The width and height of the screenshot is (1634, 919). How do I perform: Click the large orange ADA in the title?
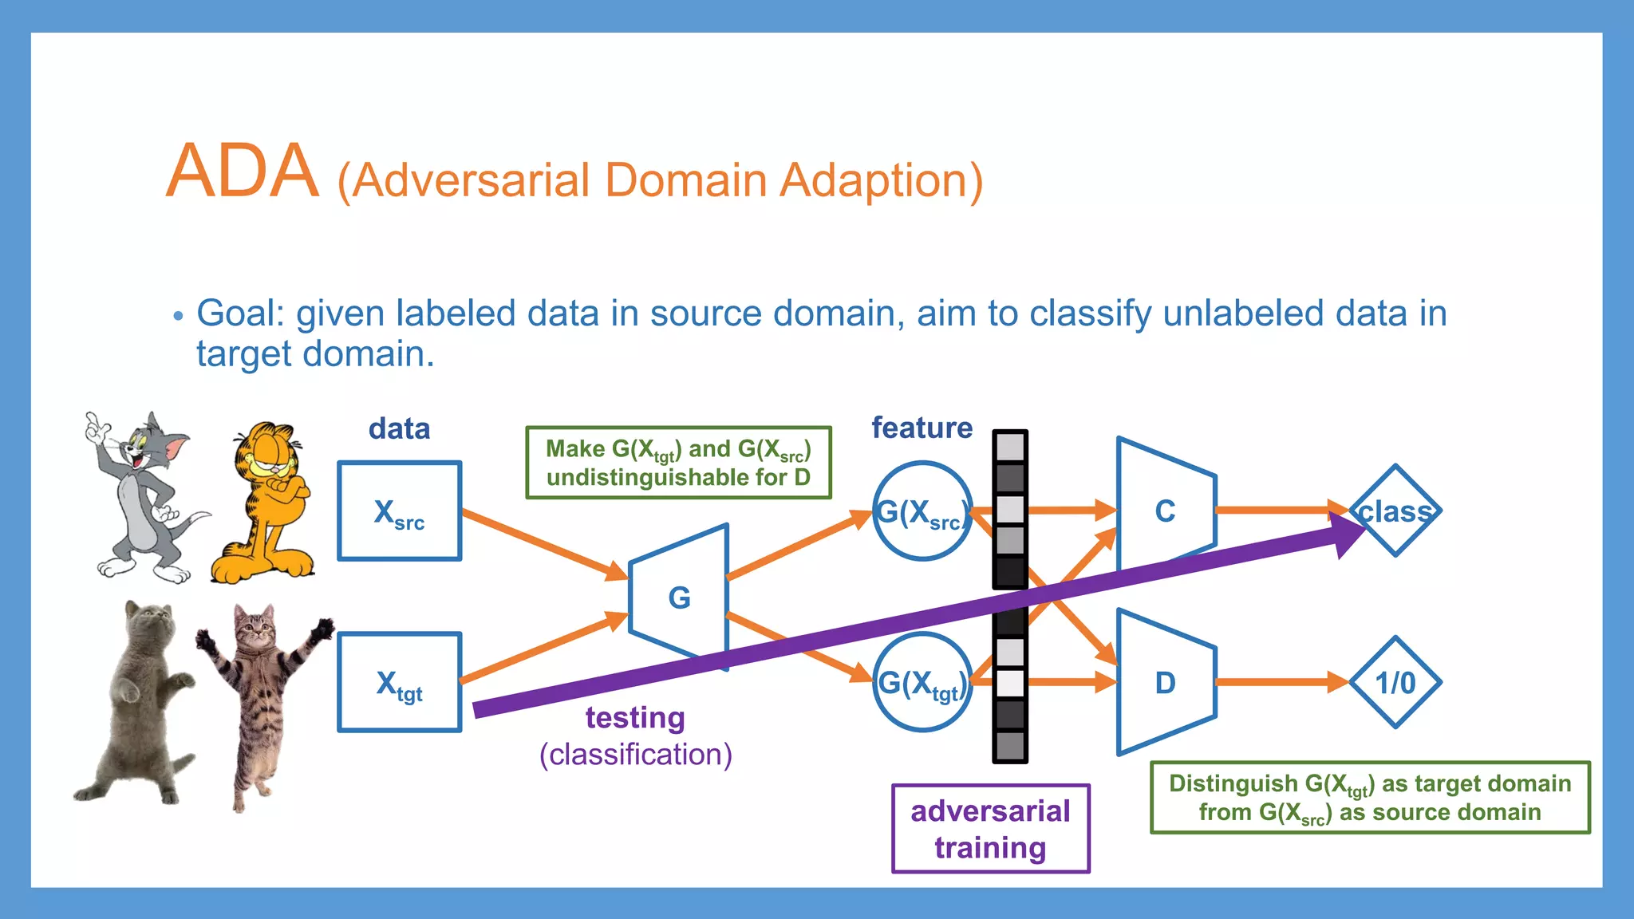pos(242,172)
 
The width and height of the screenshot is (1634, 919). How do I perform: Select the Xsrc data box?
pos(399,511)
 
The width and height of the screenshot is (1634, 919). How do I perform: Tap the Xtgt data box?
pos(399,683)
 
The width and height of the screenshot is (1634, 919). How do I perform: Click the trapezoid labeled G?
pos(679,598)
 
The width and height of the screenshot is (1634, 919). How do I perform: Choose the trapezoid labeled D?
pos(1166,683)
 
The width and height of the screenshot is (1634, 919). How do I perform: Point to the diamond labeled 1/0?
pos(1395,683)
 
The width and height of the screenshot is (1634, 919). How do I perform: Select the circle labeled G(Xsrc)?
pos(922,511)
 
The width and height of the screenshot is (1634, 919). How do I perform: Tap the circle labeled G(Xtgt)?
pos(922,683)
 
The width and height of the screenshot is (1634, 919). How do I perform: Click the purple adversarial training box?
pos(990,829)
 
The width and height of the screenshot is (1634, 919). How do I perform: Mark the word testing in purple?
pos(635,718)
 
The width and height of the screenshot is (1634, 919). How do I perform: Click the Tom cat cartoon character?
pos(140,495)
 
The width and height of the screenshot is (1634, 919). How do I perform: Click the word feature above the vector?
pos(922,428)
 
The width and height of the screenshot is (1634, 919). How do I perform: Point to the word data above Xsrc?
pos(399,429)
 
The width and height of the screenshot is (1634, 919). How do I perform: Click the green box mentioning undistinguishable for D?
pos(678,463)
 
